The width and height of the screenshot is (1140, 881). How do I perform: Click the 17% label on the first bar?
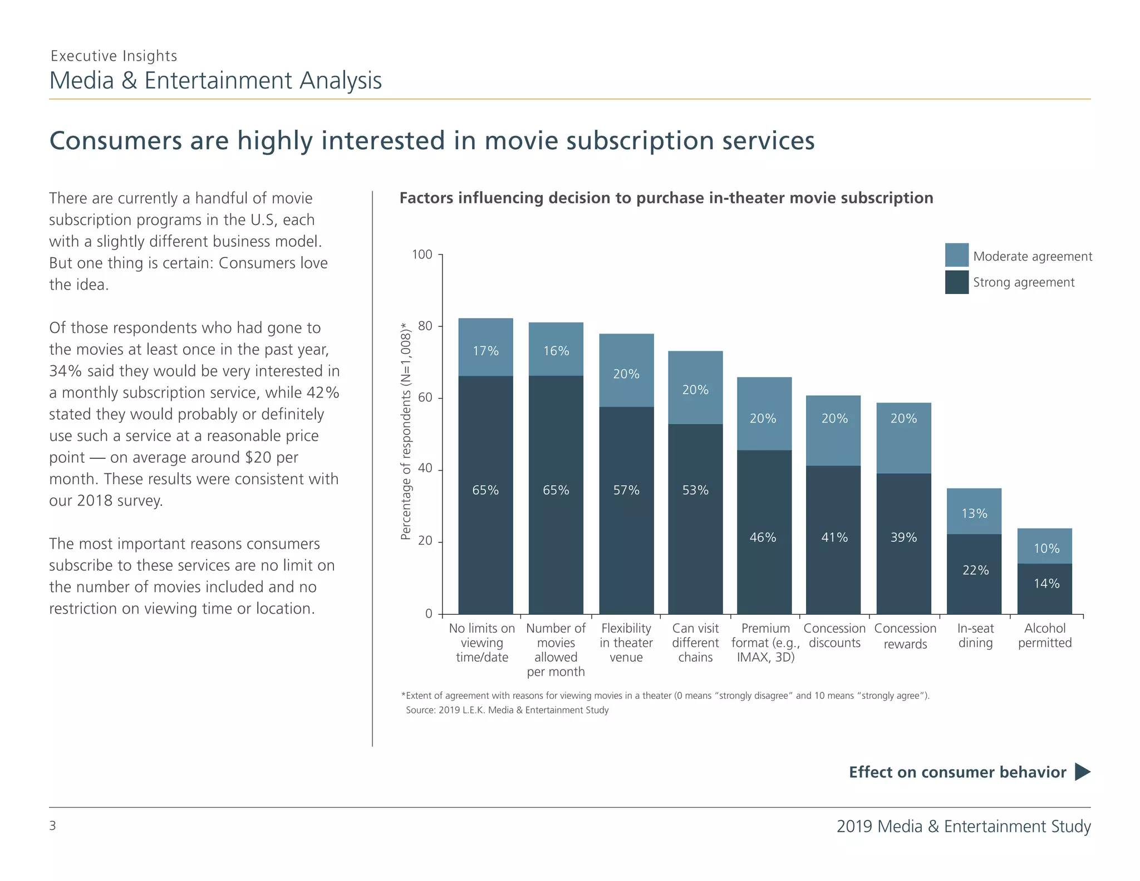pyautogui.click(x=485, y=351)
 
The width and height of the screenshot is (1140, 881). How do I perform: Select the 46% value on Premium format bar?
pyautogui.click(x=763, y=537)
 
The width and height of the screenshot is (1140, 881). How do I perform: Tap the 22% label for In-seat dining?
pyautogui.click(x=975, y=570)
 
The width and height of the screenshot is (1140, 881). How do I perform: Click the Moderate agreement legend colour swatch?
pyautogui.click(x=956, y=255)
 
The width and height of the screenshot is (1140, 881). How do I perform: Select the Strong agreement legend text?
pyautogui.click(x=1023, y=282)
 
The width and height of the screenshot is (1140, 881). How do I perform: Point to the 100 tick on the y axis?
pyautogui.click(x=422, y=255)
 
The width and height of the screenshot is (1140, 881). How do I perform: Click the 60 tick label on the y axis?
pyautogui.click(x=425, y=398)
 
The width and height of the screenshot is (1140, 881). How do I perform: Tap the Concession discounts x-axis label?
pyautogui.click(x=834, y=635)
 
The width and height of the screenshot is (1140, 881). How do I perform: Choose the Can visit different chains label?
pyautogui.click(x=695, y=643)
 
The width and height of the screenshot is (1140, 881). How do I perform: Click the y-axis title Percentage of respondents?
pyautogui.click(x=406, y=431)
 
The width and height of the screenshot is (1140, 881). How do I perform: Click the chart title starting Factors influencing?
pyautogui.click(x=666, y=198)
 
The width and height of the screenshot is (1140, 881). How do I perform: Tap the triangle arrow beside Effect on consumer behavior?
pyautogui.click(x=1082, y=772)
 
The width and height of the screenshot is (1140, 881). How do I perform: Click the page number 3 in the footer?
pyautogui.click(x=53, y=825)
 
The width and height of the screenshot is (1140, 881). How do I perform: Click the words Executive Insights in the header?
pyautogui.click(x=114, y=56)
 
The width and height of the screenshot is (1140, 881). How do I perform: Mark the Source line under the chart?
pyautogui.click(x=507, y=710)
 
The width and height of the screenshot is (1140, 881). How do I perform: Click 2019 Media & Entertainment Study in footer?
pyautogui.click(x=963, y=826)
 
